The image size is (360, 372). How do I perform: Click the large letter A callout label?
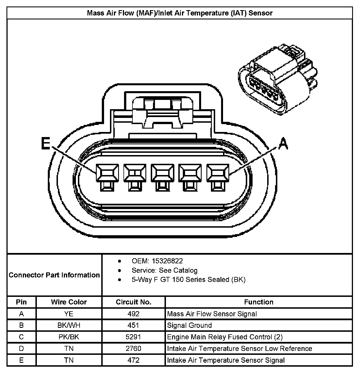click(x=283, y=144)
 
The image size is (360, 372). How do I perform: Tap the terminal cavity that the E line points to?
click(x=107, y=173)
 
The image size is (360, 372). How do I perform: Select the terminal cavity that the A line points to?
click(x=218, y=173)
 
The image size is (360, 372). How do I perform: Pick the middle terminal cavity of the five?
click(x=162, y=173)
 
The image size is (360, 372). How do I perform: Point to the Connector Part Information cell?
click(x=54, y=275)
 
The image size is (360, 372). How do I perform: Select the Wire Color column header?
click(x=69, y=302)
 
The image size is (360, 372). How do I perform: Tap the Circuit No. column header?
click(x=134, y=302)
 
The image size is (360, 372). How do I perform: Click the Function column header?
click(x=258, y=302)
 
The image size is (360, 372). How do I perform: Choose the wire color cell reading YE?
click(x=69, y=314)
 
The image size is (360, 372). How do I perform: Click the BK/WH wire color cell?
click(x=69, y=325)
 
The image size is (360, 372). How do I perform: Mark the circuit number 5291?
click(x=134, y=337)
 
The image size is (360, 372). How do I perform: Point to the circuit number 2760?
click(x=134, y=348)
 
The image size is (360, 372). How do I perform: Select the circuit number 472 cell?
click(x=134, y=360)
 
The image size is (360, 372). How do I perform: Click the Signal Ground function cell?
click(x=189, y=325)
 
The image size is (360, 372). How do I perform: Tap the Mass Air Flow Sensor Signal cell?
click(x=212, y=314)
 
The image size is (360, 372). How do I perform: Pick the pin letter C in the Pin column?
click(x=21, y=337)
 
